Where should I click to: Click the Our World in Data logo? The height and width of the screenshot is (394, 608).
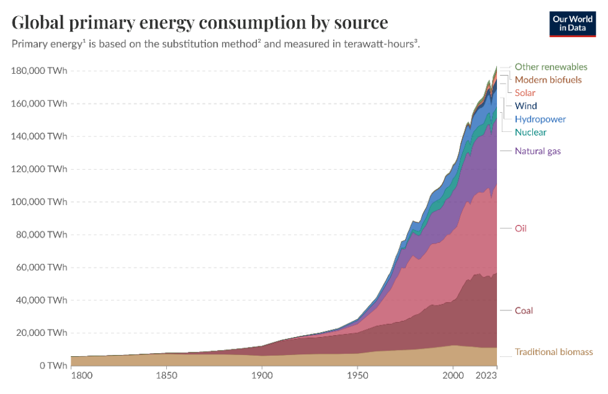point(572,24)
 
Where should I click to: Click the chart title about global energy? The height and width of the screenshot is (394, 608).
point(200,22)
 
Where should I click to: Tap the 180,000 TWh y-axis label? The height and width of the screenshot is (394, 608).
point(38,71)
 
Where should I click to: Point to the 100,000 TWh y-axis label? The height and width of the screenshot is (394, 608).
point(38,201)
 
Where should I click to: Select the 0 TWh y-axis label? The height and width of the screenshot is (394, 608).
point(53,366)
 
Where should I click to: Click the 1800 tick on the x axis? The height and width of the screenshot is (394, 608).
point(82,375)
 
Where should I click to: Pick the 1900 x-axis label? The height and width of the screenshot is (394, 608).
point(262,375)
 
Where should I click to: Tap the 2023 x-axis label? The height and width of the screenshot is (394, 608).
point(486,375)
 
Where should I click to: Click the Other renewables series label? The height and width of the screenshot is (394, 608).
point(551,66)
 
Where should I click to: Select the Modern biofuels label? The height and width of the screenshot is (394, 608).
point(548,80)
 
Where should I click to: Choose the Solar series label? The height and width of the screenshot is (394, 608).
point(525,93)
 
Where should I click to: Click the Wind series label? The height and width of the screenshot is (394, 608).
point(526,106)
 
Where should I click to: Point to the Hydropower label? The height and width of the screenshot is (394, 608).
point(540,119)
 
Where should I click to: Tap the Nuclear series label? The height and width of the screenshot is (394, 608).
point(530,132)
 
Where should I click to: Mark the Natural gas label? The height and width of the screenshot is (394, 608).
point(538,151)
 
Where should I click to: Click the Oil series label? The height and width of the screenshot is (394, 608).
point(521,229)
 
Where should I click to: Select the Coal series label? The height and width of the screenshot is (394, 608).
point(524,310)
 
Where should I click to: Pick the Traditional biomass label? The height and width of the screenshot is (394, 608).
point(553,352)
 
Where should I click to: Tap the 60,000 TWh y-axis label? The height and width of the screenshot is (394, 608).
point(42,267)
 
